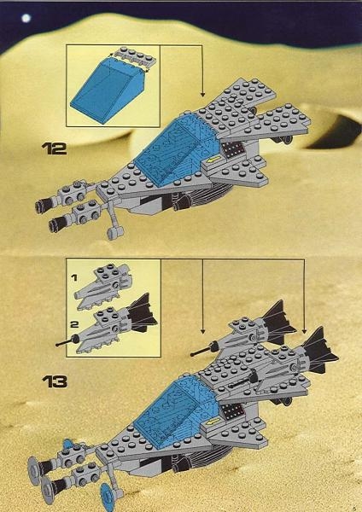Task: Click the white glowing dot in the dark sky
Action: click(26, 17)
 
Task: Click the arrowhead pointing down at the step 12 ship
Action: click(202, 94)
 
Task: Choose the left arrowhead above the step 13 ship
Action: click(203, 330)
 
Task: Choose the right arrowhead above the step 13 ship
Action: click(304, 330)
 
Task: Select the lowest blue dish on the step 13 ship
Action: click(108, 496)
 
